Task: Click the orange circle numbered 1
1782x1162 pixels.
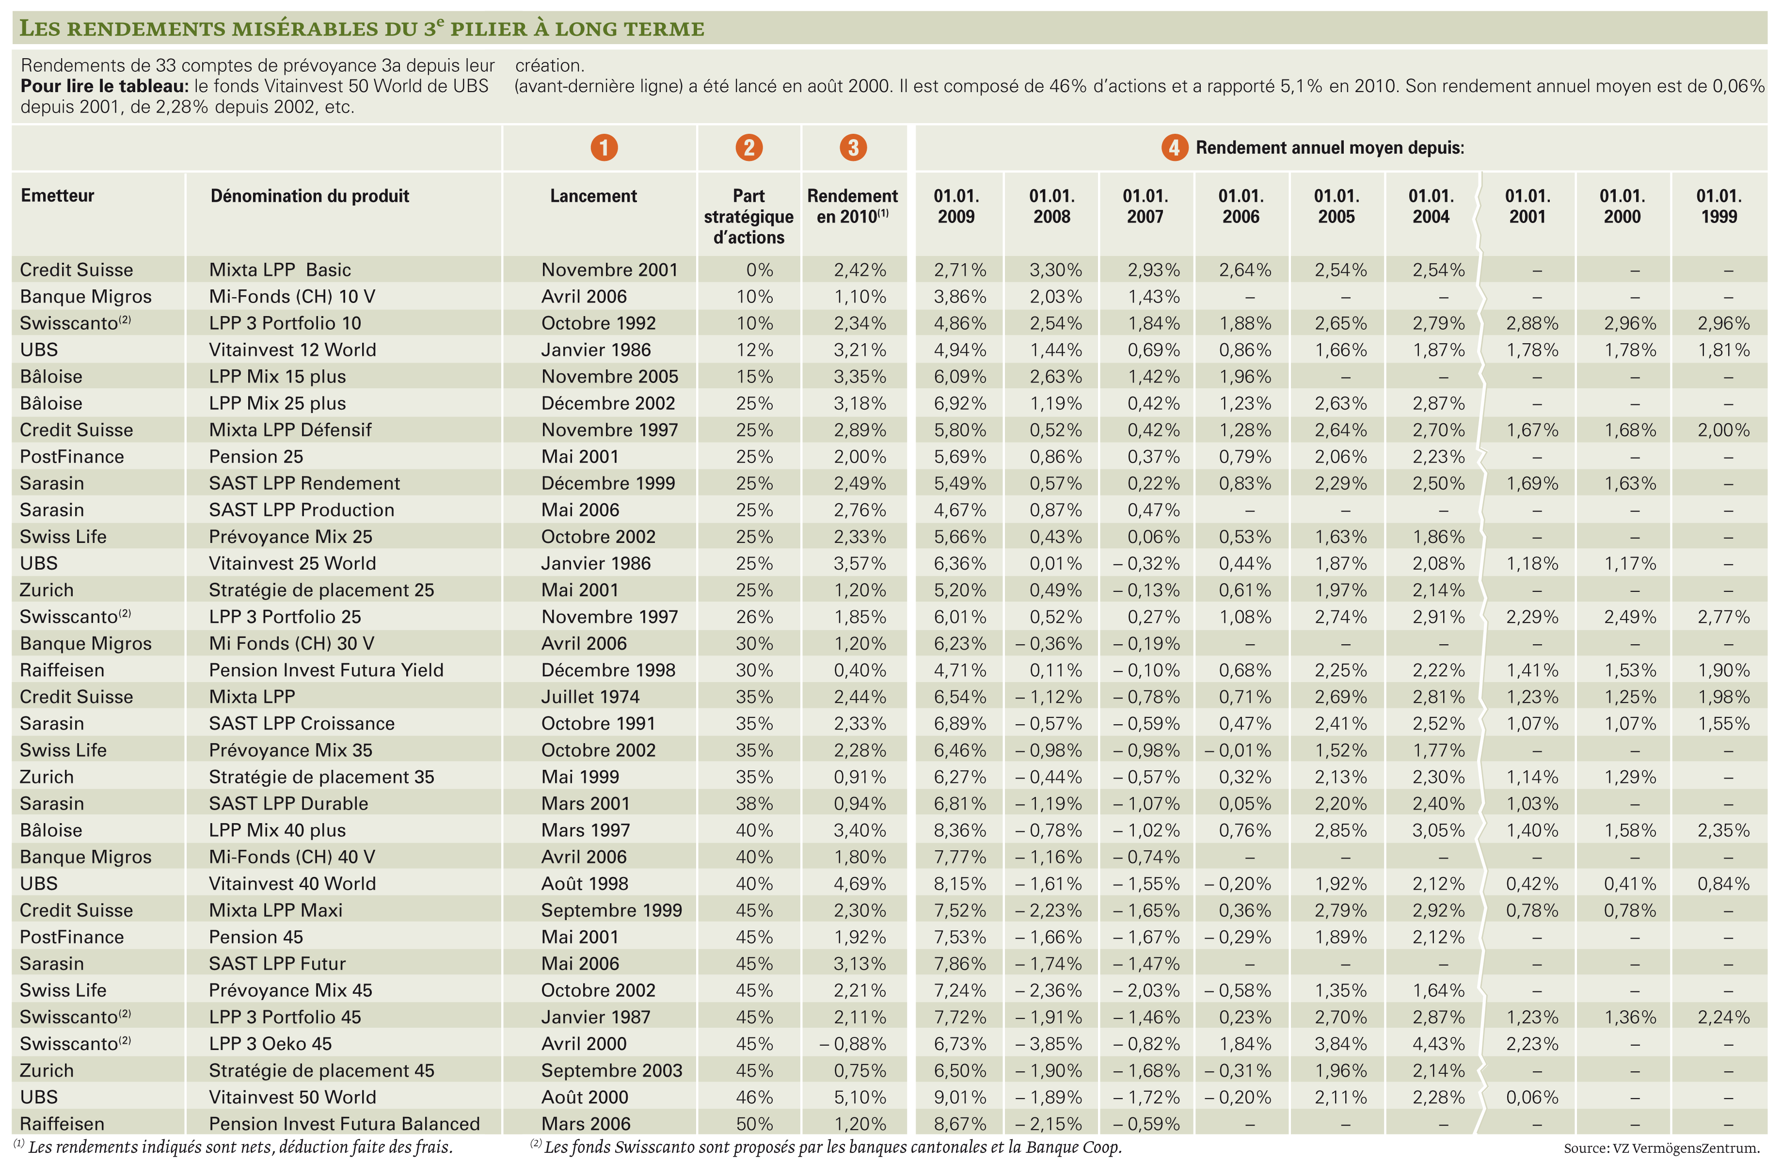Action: pos(604,147)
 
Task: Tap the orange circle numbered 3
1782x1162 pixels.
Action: pos(853,147)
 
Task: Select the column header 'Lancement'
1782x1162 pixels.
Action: pos(593,196)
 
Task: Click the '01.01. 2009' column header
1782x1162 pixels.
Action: pos(956,207)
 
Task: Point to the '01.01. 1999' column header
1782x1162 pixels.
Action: pos(1719,207)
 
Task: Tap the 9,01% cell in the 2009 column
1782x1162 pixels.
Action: pos(960,1097)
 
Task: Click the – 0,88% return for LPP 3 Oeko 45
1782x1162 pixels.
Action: pos(853,1044)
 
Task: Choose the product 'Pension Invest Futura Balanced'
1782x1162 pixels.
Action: pos(344,1124)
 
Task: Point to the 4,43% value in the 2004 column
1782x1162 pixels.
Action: pos(1438,1044)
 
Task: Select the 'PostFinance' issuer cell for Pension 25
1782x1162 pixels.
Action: pos(72,457)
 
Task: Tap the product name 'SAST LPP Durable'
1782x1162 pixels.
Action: pos(288,803)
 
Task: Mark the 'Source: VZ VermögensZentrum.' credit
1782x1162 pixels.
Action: pos(1661,1148)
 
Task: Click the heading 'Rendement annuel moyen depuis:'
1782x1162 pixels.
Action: pos(1330,147)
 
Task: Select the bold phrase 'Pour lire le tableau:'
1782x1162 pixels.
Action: pos(105,86)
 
